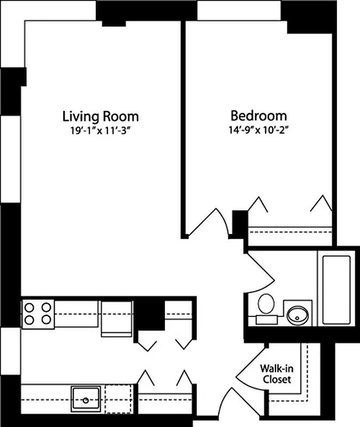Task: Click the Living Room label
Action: click(x=100, y=116)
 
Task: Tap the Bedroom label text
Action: click(x=259, y=115)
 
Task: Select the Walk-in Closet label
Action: click(x=276, y=374)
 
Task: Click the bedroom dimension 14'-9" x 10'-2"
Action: click(x=259, y=129)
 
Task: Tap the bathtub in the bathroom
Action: click(x=336, y=289)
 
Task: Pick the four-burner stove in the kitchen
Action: click(x=38, y=314)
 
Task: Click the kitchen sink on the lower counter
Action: click(x=85, y=399)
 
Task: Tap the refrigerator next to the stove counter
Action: click(x=116, y=318)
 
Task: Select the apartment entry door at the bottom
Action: click(x=224, y=406)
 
